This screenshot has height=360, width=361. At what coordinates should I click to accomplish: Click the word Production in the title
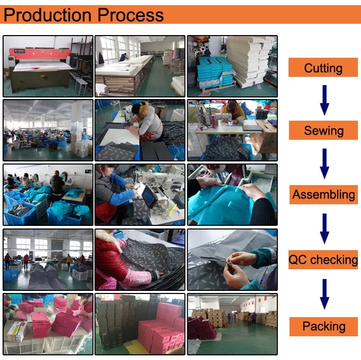(x=47, y=15)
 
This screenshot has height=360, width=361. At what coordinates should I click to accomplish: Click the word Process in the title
(x=130, y=15)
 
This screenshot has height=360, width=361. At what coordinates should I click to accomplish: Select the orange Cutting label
(x=323, y=68)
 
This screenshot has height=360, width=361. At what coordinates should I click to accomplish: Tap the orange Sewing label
(x=323, y=130)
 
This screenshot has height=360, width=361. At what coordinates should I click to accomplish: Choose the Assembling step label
(x=323, y=194)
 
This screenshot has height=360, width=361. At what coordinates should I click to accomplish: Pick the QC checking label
(x=323, y=259)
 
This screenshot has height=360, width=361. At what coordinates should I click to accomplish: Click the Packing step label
(x=323, y=326)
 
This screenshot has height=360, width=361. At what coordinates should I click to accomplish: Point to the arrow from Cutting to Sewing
(x=324, y=100)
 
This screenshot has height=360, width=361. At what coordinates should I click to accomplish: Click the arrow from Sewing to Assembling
(x=324, y=163)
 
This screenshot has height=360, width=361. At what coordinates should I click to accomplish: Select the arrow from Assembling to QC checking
(x=324, y=228)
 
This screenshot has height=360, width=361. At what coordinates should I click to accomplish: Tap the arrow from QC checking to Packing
(x=324, y=294)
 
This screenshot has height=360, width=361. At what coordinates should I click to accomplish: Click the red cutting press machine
(x=40, y=69)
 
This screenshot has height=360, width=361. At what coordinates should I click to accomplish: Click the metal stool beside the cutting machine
(x=80, y=87)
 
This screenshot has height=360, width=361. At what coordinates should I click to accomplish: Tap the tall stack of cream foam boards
(x=249, y=61)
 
